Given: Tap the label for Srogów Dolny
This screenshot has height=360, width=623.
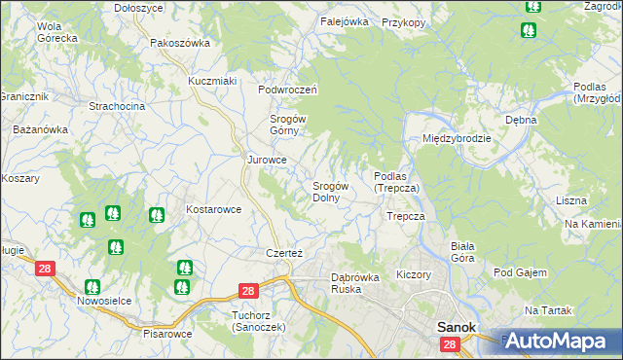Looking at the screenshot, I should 331,191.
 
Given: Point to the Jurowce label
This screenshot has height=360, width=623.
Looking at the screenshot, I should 267,160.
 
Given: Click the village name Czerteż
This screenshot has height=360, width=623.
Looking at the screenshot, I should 284,253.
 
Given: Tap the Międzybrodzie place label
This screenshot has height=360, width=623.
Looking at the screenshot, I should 456,138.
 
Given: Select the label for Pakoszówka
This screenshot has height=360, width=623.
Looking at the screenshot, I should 180,44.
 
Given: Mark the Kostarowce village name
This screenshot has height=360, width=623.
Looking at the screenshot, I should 213,209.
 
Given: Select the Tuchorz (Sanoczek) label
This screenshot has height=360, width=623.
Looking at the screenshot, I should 259,320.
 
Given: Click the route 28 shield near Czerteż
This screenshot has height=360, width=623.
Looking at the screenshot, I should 247,291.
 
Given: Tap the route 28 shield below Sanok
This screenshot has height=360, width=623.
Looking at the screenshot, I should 449,345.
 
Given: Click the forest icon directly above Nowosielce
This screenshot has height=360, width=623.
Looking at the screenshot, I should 92,287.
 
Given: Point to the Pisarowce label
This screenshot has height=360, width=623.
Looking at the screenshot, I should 165,333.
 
